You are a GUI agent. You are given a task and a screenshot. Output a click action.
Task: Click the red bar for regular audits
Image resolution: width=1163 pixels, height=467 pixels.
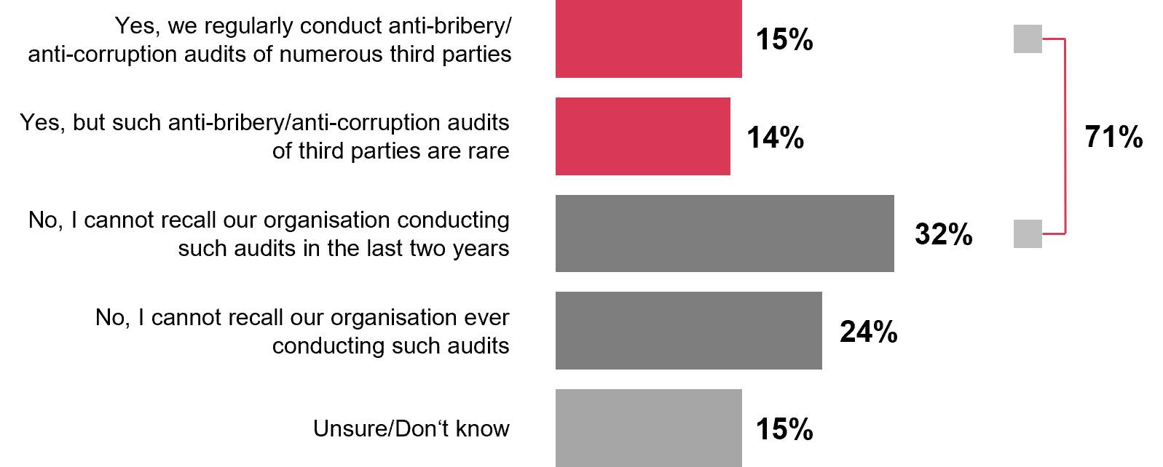pyautogui.click(x=648, y=39)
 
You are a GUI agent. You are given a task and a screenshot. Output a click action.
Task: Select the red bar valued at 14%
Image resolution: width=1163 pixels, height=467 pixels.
pyautogui.click(x=642, y=136)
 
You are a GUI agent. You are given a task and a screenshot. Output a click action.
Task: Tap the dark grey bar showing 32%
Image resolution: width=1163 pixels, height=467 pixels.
pyautogui.click(x=725, y=233)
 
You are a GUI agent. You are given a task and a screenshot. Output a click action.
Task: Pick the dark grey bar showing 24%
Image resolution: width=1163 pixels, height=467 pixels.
pyautogui.click(x=688, y=330)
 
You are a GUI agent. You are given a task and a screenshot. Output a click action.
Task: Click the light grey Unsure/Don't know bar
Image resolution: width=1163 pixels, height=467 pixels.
pyautogui.click(x=648, y=428)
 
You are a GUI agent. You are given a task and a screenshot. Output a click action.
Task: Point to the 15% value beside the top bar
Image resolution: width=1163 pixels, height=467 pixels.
pyautogui.click(x=784, y=39)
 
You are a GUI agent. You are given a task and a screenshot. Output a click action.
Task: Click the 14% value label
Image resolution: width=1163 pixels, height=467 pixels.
pyautogui.click(x=775, y=137)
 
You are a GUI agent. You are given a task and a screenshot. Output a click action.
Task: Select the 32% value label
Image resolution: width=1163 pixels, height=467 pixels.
pyautogui.click(x=943, y=234)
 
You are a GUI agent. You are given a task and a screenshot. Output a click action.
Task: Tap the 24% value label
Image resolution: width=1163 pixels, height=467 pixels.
pyautogui.click(x=868, y=332)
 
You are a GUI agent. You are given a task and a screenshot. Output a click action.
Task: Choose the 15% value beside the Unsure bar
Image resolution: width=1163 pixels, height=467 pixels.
pyautogui.click(x=784, y=429)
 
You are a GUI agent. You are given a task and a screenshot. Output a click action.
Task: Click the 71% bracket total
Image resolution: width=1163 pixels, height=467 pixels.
pyautogui.click(x=1113, y=137)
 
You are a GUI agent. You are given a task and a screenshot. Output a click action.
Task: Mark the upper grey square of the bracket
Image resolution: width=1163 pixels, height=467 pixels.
pyautogui.click(x=1028, y=39)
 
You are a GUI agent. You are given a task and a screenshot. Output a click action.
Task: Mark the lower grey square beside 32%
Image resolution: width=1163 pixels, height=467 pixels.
pyautogui.click(x=1028, y=234)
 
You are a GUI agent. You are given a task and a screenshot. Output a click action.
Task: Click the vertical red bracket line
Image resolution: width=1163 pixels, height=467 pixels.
pyautogui.click(x=1065, y=137)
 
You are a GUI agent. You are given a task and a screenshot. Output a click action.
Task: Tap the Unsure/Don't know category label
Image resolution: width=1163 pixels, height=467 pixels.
pyautogui.click(x=411, y=428)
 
